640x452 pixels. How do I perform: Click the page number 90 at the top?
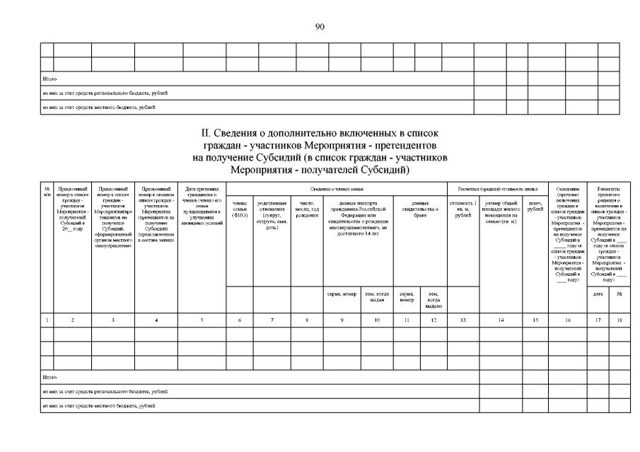pos(320,26)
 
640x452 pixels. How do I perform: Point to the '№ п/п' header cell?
pos(47,192)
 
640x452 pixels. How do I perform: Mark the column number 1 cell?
pos(47,320)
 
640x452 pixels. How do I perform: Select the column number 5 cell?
pos(202,320)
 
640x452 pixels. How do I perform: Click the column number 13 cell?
pos(464,320)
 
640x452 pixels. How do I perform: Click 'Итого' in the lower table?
pos(49,378)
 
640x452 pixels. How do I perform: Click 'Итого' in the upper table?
pos(49,79)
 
